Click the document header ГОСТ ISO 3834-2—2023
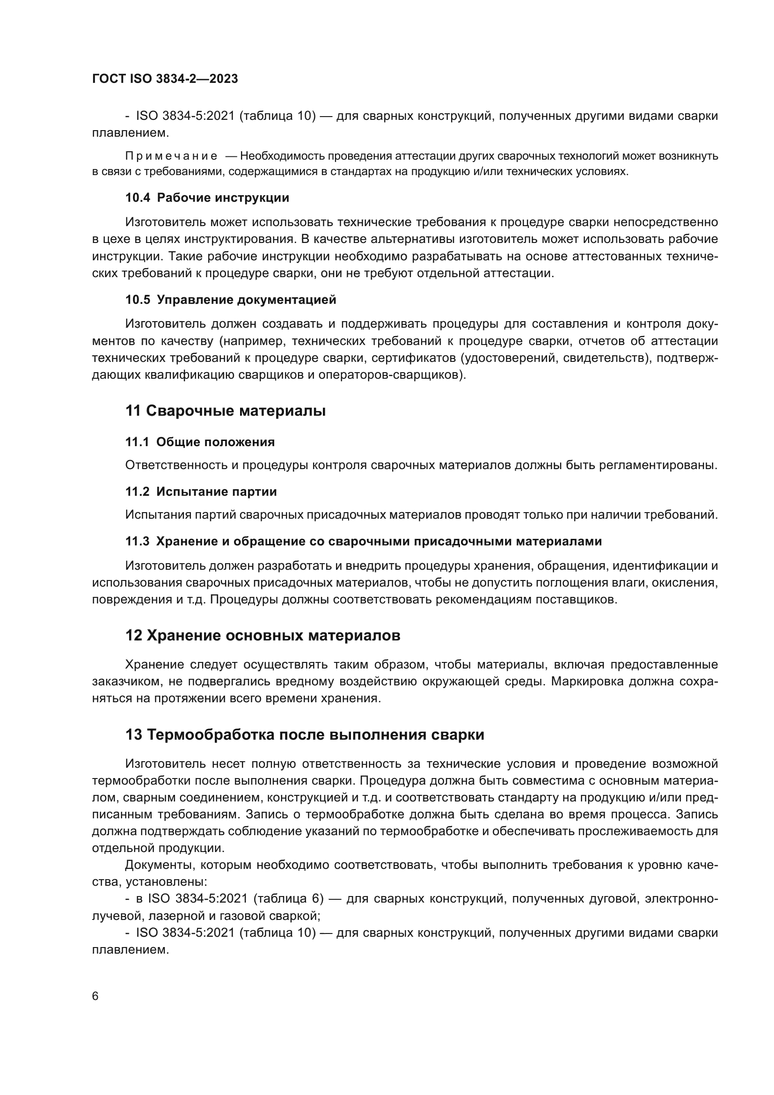tap(165, 79)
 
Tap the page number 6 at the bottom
tap(95, 996)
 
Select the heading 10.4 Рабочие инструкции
tap(207, 198)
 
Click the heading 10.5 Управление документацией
tap(231, 300)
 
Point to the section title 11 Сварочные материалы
tap(226, 411)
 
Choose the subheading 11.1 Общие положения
tap(200, 442)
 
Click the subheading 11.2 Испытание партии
tap(201, 492)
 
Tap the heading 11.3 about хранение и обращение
tap(363, 541)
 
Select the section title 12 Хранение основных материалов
tap(263, 636)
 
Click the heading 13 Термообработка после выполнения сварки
tap(305, 735)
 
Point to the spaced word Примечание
tap(172, 156)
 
